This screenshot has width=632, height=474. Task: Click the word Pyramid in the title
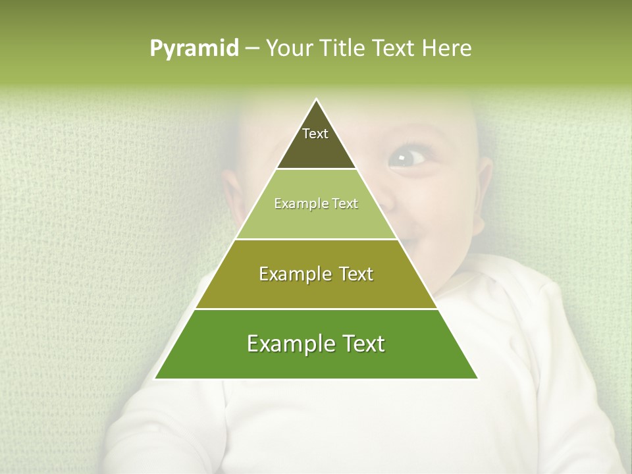coord(194,49)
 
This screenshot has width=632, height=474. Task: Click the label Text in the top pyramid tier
coord(315,134)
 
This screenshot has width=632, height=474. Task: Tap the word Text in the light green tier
coord(345,204)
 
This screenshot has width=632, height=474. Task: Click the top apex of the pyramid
coord(317,100)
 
